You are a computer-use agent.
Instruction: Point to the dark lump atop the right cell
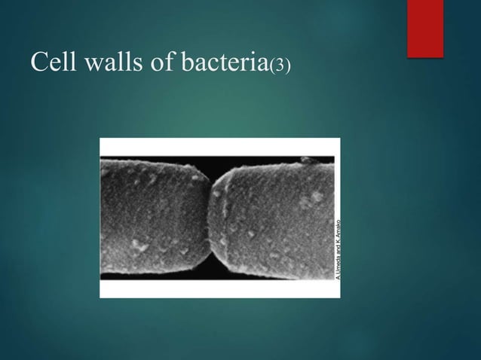pos(306,160)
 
